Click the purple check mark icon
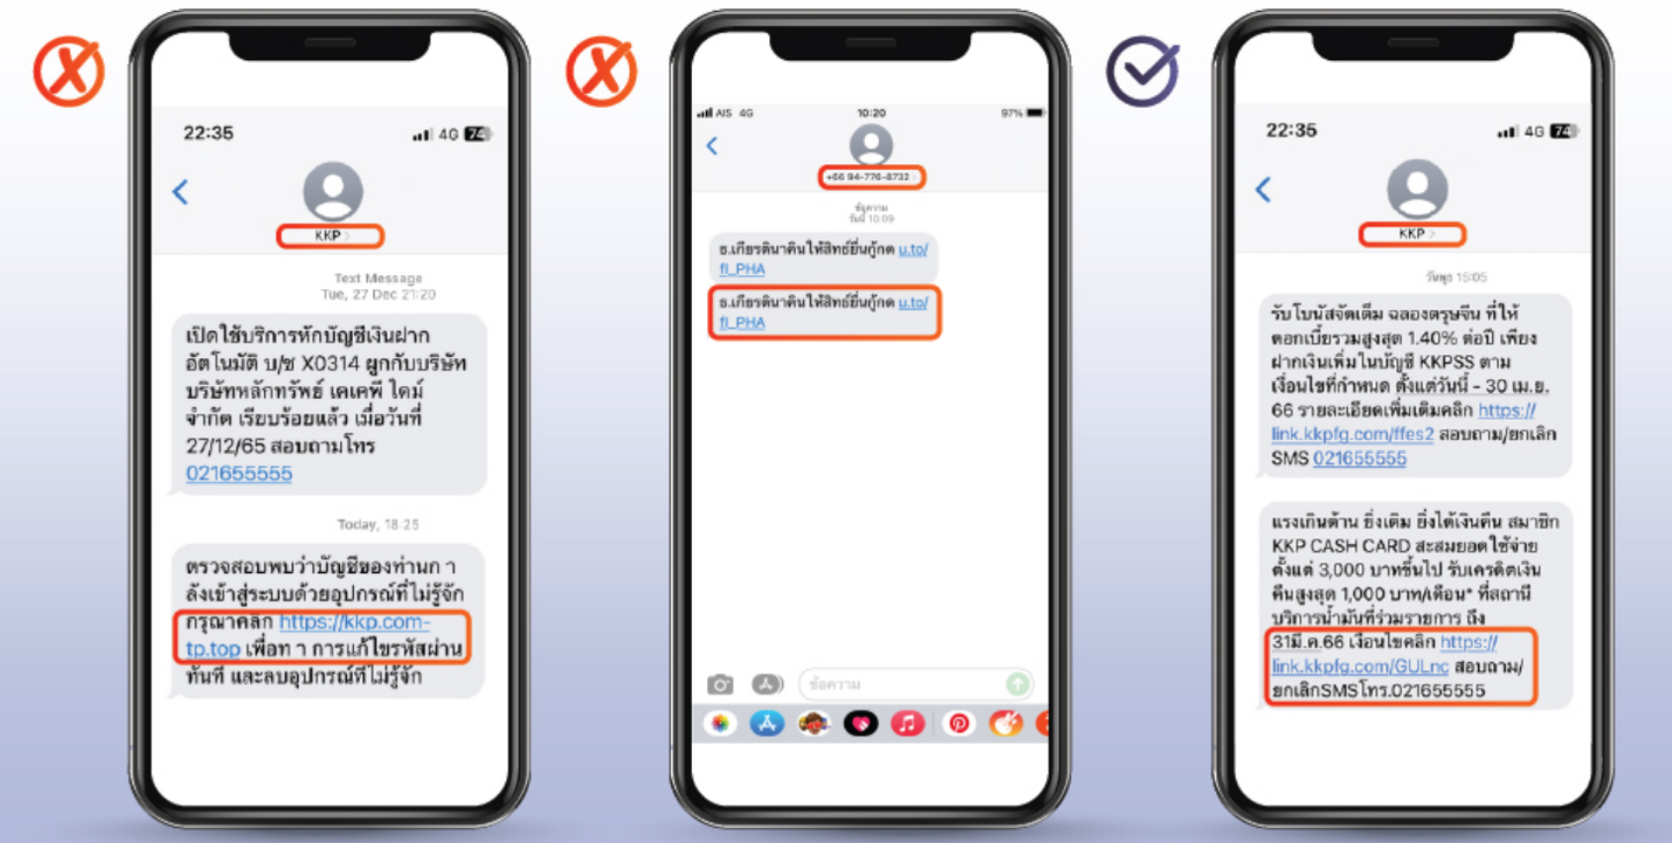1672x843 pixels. pyautogui.click(x=1142, y=72)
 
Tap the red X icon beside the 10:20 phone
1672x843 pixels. pyautogui.click(x=601, y=72)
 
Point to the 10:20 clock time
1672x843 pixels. pyautogui.click(x=871, y=113)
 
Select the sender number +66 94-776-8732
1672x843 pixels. pyautogui.click(x=869, y=177)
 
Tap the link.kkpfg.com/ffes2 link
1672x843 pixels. pyautogui.click(x=1352, y=433)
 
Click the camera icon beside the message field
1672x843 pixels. pyautogui.click(x=720, y=684)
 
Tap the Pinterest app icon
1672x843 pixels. pyautogui.click(x=957, y=723)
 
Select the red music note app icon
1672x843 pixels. pyautogui.click(x=907, y=723)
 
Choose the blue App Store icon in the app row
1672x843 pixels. pyautogui.click(x=766, y=723)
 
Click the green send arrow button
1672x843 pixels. pyautogui.click(x=1016, y=684)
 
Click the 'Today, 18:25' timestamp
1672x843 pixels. pyautogui.click(x=378, y=524)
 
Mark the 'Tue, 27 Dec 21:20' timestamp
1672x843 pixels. pyautogui.click(x=378, y=294)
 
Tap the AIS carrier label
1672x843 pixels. pyautogui.click(x=724, y=113)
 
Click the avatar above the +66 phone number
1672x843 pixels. pyautogui.click(x=871, y=144)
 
